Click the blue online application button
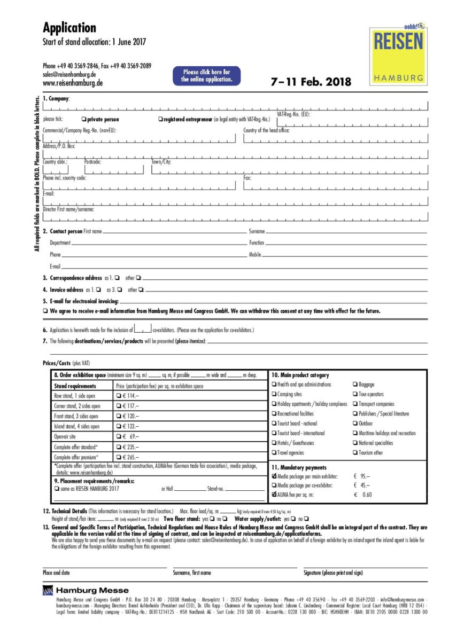[x=206, y=76]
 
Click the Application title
[x=69, y=28]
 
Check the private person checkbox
[x=83, y=120]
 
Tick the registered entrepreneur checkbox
[x=160, y=120]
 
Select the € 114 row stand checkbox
[x=119, y=396]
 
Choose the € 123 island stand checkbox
[x=119, y=427]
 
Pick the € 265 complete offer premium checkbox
[x=119, y=457]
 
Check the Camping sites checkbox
[x=274, y=394]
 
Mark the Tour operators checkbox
[x=355, y=394]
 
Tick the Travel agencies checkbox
[x=274, y=453]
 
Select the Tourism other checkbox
[x=355, y=453]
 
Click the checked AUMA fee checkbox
[x=274, y=495]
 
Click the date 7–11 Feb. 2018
[x=311, y=82]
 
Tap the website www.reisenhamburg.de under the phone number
[x=73, y=83]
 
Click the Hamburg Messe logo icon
[x=48, y=590]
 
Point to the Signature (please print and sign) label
[x=333, y=573]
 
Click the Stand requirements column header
[x=75, y=386]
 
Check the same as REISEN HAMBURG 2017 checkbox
[x=57, y=489]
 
